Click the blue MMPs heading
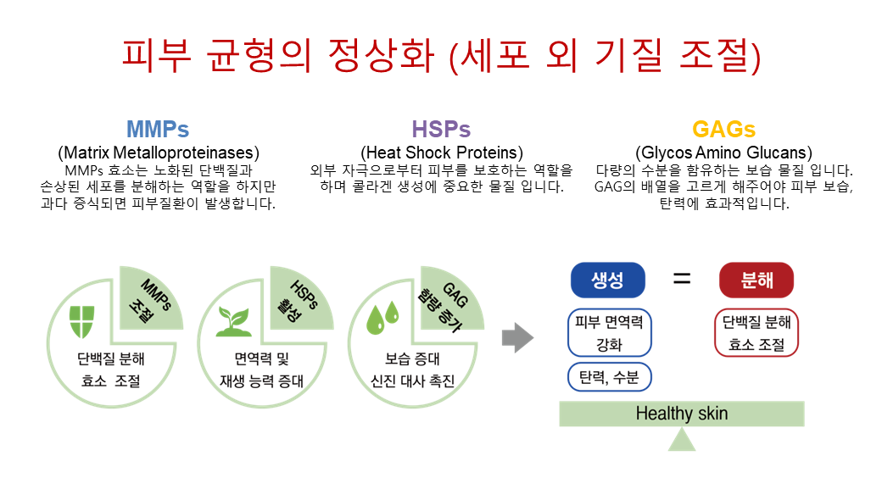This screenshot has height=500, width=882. [158, 129]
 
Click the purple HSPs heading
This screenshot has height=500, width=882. [441, 129]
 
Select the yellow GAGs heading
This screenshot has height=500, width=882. [724, 129]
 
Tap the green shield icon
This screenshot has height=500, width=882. [81, 322]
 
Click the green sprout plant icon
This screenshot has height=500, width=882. [233, 322]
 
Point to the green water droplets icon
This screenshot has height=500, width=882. [382, 318]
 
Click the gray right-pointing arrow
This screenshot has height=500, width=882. [517, 337]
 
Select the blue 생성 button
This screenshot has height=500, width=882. [607, 280]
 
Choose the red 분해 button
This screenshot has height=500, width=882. [756, 280]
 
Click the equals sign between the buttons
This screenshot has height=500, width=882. [682, 278]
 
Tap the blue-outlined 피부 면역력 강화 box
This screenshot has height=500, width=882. [610, 332]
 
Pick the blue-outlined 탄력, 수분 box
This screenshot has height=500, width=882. [610, 377]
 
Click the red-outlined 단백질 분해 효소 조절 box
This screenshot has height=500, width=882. [756, 332]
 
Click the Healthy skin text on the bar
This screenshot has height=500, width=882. [682, 414]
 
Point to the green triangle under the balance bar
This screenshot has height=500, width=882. [682, 439]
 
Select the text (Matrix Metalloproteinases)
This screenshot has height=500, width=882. [159, 153]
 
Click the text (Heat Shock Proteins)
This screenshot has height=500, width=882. [442, 153]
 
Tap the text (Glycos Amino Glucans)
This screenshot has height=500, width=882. [724, 153]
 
